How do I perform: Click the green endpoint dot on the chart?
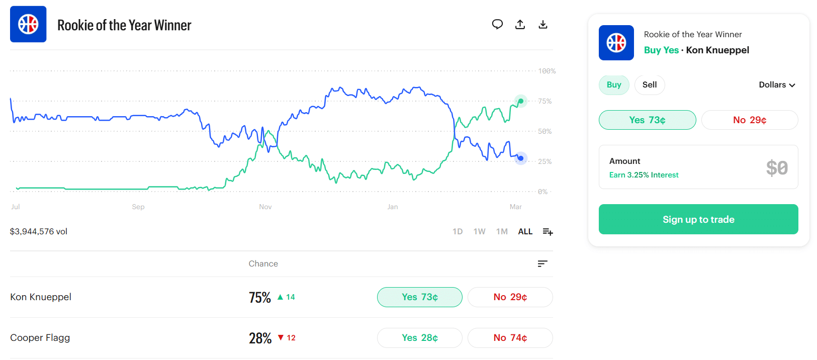tap(521, 101)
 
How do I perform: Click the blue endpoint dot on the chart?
tap(521, 158)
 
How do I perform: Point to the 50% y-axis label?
tap(545, 131)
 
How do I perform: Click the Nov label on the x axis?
tap(265, 207)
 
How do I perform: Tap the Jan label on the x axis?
tap(393, 207)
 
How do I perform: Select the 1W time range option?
tap(479, 231)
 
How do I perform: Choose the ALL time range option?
tap(525, 231)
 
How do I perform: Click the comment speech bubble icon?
tap(497, 24)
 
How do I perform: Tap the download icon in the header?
tap(543, 24)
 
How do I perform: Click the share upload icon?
tap(520, 24)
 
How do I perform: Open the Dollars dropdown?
tap(777, 85)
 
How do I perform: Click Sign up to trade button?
tap(698, 219)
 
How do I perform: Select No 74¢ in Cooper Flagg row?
tap(510, 338)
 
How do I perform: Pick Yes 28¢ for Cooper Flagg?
tap(419, 338)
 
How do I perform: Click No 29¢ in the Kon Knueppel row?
tap(510, 297)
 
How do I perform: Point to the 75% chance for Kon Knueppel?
tap(260, 298)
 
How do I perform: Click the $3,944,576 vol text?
tap(39, 231)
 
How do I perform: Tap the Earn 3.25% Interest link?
tap(644, 175)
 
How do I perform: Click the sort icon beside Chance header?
tap(542, 263)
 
